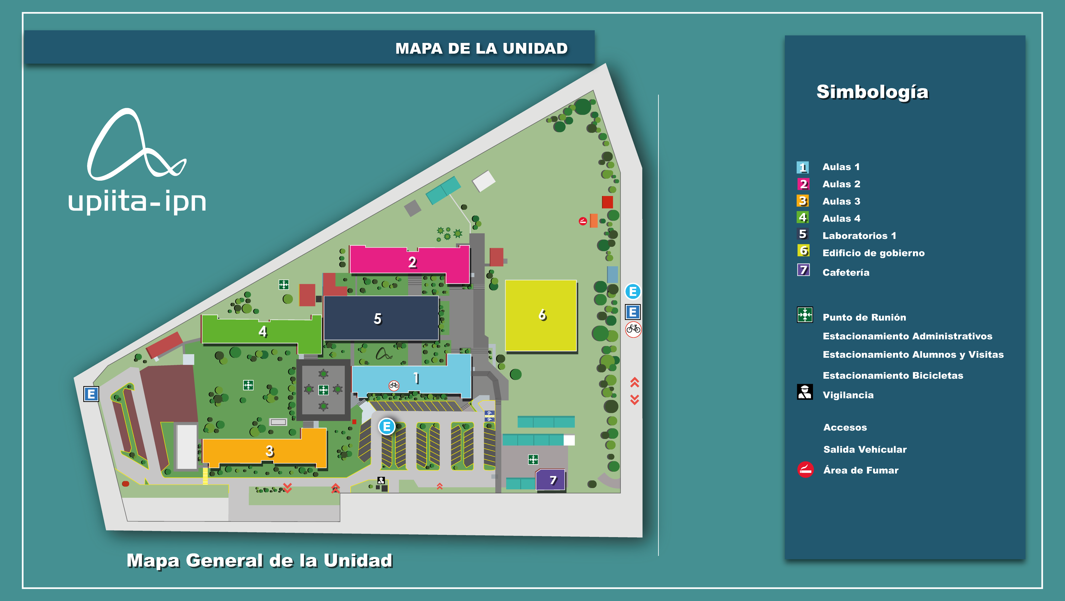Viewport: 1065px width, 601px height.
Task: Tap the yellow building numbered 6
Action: pyautogui.click(x=541, y=315)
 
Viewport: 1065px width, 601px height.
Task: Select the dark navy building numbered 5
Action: pyautogui.click(x=380, y=318)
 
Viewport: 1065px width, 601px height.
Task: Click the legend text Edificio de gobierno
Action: pyautogui.click(x=873, y=253)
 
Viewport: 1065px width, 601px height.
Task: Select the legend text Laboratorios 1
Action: pyautogui.click(x=859, y=236)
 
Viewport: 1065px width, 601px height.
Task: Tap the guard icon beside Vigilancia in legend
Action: pyautogui.click(x=805, y=392)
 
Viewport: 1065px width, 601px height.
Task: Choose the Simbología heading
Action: pyautogui.click(x=872, y=92)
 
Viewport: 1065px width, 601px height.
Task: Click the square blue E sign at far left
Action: pyautogui.click(x=91, y=394)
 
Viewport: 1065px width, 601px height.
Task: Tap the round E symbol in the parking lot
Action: pyautogui.click(x=386, y=426)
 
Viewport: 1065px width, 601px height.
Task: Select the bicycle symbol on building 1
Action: pyautogui.click(x=394, y=385)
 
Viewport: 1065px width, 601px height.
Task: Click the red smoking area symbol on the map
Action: pyautogui.click(x=582, y=221)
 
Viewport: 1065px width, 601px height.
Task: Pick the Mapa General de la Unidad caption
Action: pyautogui.click(x=259, y=560)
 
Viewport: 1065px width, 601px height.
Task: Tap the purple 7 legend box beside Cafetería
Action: pyautogui.click(x=803, y=270)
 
